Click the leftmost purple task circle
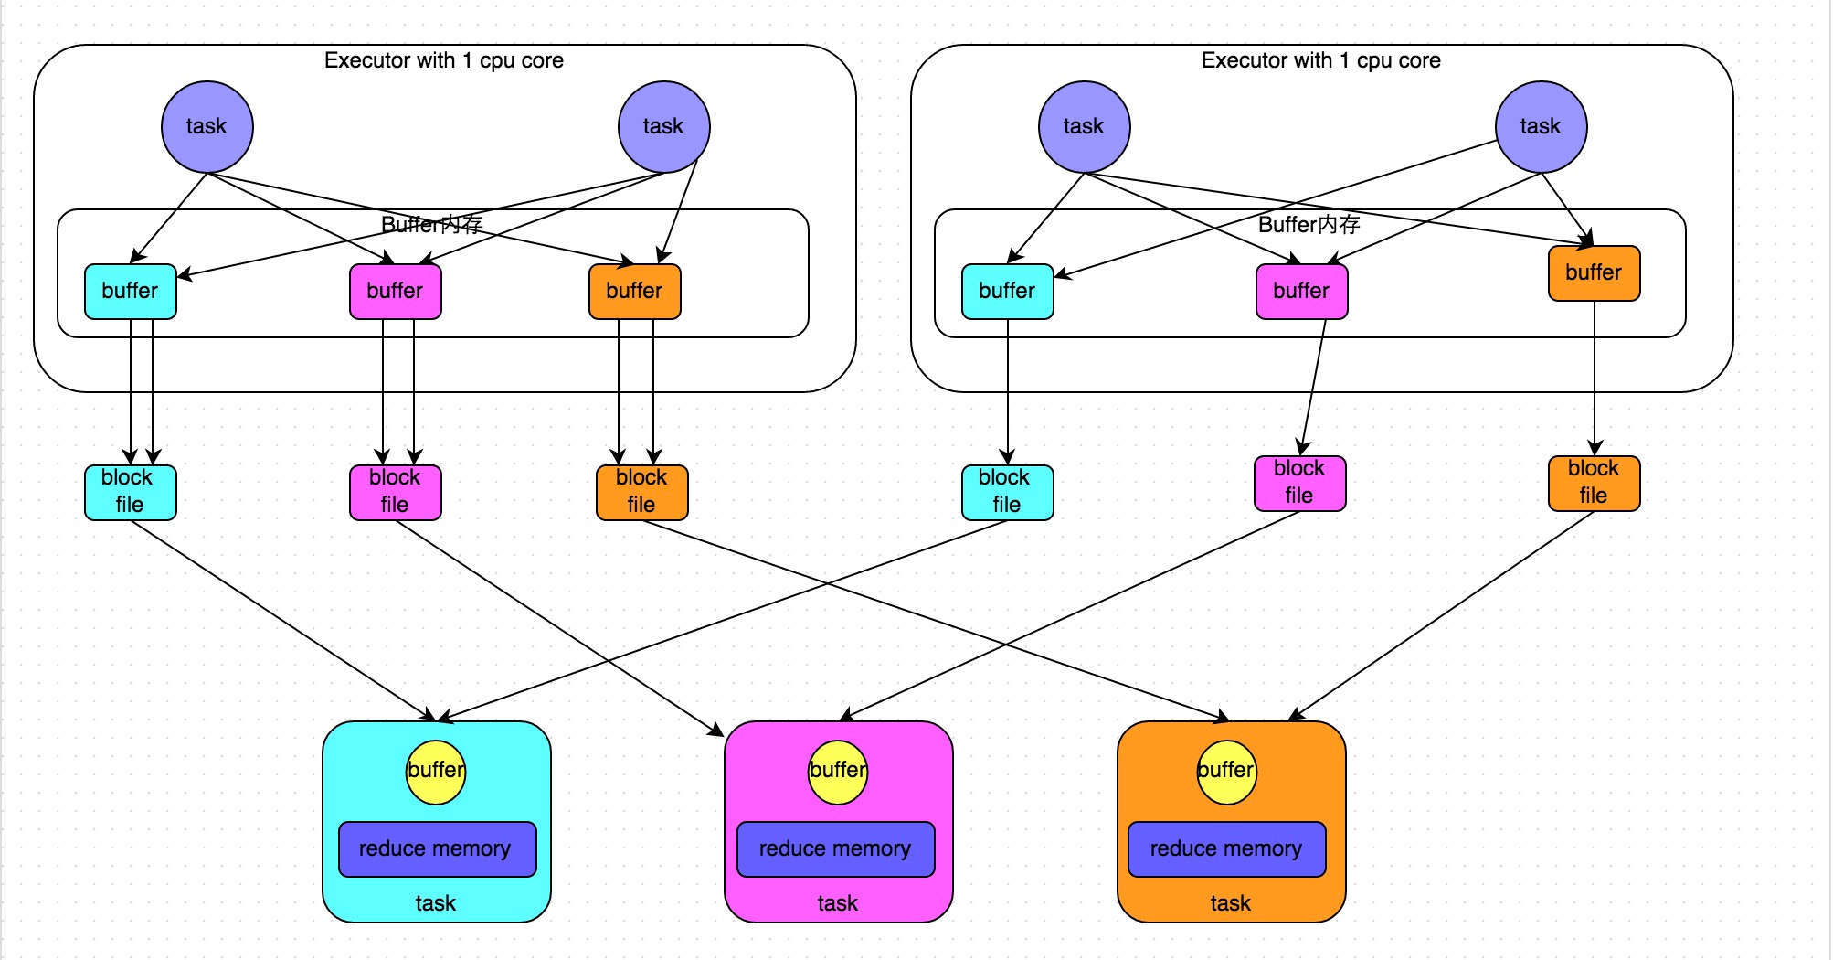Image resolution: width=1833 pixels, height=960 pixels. click(x=207, y=127)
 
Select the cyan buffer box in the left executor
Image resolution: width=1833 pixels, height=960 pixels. click(x=130, y=292)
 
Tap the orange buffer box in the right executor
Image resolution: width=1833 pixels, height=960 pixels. click(x=1594, y=273)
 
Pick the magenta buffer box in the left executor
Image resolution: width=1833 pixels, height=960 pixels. click(x=395, y=292)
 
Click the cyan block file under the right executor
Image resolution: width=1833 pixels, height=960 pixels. click(x=1007, y=492)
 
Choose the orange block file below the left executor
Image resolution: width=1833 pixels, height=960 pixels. click(x=641, y=492)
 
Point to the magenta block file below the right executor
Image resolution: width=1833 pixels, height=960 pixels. click(x=1299, y=483)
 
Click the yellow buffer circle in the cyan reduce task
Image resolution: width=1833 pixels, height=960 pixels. click(x=436, y=772)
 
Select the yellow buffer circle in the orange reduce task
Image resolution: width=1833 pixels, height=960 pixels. click(x=1226, y=772)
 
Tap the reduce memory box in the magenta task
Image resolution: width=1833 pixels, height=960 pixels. click(x=835, y=849)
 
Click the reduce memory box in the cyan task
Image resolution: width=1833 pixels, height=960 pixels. click(x=437, y=849)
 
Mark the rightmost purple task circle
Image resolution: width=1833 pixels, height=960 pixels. click(x=1541, y=127)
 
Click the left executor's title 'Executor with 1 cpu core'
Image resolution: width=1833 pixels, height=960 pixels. click(x=444, y=60)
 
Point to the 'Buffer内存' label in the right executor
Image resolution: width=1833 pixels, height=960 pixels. click(x=1309, y=225)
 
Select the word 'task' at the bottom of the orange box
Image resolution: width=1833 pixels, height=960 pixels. click(x=1230, y=903)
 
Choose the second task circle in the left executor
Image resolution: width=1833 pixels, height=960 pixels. click(x=663, y=127)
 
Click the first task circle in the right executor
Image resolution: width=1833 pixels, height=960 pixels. click(x=1084, y=127)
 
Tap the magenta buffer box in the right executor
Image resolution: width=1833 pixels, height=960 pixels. click(x=1301, y=292)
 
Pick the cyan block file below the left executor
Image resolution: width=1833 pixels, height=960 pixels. click(x=130, y=492)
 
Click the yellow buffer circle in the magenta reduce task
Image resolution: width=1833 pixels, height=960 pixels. click(x=838, y=772)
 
